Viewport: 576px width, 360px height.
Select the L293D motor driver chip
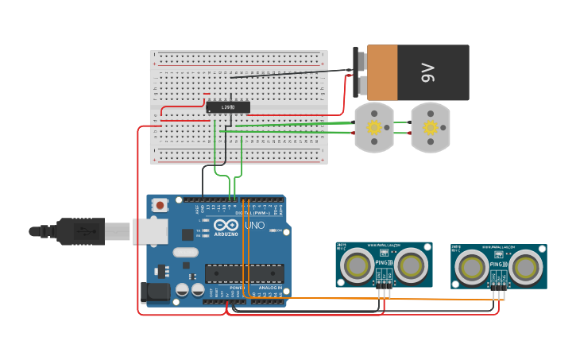pyautogui.click(x=228, y=107)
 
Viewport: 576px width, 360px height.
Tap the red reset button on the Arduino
pyautogui.click(x=160, y=205)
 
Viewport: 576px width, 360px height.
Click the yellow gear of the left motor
pyautogui.click(x=373, y=127)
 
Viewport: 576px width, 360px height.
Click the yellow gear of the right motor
pyautogui.click(x=431, y=127)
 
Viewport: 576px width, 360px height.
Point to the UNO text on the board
pyautogui.click(x=254, y=225)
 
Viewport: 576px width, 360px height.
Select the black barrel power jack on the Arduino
pyautogui.click(x=154, y=292)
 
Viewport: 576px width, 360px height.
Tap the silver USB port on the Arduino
pyautogui.click(x=150, y=231)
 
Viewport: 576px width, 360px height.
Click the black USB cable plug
pyautogui.click(x=80, y=231)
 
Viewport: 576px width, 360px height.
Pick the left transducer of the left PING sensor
pyautogui.click(x=358, y=265)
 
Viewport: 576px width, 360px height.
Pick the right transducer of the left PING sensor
pyautogui.click(x=411, y=265)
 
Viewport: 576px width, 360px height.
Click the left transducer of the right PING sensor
pyautogui.click(x=473, y=267)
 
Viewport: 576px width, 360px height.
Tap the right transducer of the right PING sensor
pyautogui.click(x=525, y=267)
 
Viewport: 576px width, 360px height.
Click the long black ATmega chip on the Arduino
pyautogui.click(x=244, y=273)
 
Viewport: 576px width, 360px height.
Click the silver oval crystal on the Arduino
pyautogui.click(x=184, y=253)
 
